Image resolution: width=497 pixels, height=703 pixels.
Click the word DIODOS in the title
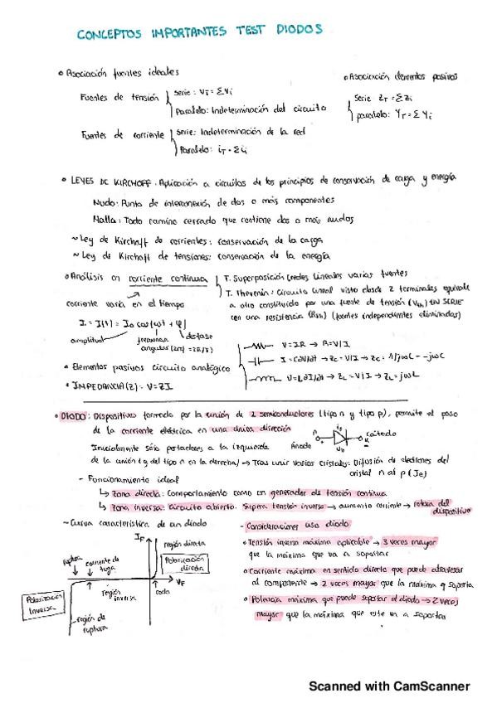[x=295, y=30]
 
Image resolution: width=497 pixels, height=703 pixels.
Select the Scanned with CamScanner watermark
[x=389, y=686]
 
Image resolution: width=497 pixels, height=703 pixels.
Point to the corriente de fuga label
[x=101, y=565]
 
